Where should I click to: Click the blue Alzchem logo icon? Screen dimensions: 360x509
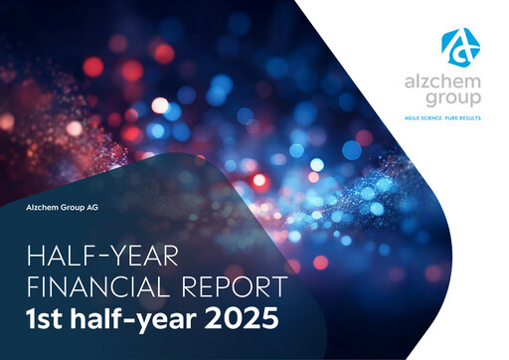460,46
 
